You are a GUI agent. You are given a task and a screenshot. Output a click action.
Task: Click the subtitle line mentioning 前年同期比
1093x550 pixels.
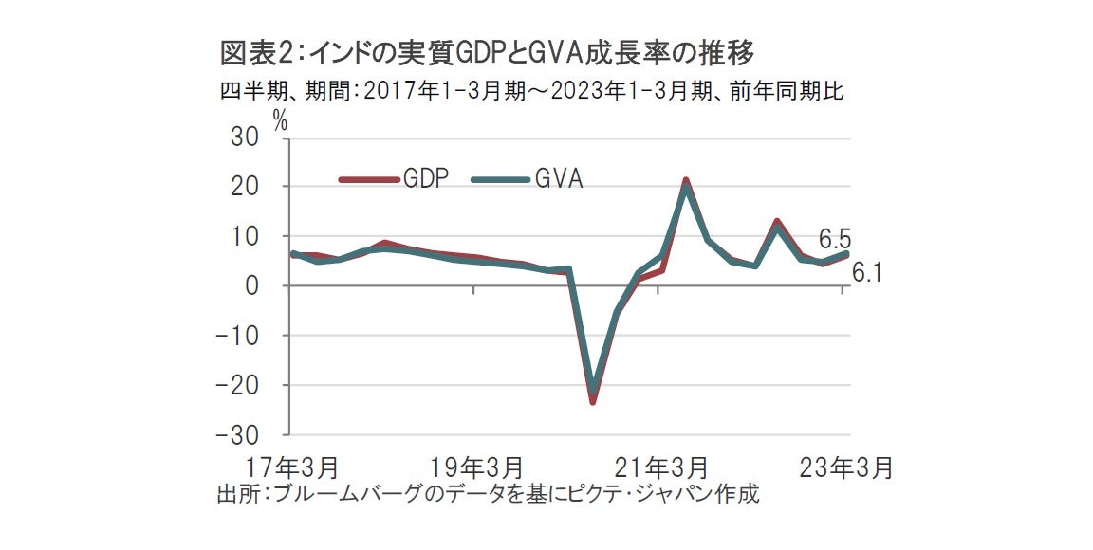pos(531,92)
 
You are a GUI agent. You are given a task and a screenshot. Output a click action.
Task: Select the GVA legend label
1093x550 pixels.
pos(558,178)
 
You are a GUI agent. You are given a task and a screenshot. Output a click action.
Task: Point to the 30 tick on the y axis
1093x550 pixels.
pos(245,137)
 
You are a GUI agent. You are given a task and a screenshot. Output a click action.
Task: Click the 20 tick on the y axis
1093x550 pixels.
pos(245,187)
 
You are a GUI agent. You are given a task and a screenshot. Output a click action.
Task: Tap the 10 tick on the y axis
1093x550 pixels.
pos(245,236)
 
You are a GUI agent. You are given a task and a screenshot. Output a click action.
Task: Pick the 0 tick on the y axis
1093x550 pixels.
pos(251,285)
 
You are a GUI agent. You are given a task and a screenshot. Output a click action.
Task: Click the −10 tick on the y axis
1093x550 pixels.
pos(237,335)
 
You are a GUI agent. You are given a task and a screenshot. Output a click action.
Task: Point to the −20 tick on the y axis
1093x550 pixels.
pos(237,385)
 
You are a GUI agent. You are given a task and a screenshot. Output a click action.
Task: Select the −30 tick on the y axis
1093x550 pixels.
pos(237,434)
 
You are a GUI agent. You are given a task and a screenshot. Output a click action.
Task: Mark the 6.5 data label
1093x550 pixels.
pos(835,238)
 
